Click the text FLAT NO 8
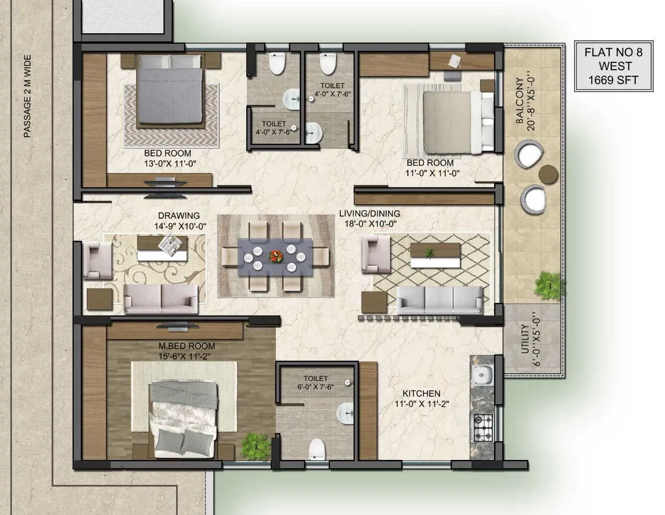[613, 52]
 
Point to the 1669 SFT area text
[613, 80]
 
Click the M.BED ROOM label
[187, 346]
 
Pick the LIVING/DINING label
[369, 214]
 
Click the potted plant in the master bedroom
[256, 444]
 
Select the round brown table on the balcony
[548, 173]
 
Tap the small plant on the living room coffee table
[429, 253]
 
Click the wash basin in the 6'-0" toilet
[344, 413]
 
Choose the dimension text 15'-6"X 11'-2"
[187, 356]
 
